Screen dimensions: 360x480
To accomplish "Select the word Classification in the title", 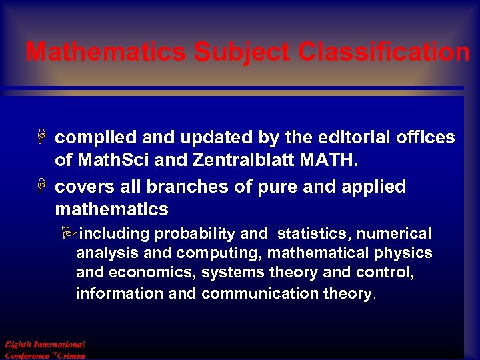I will coord(384,52).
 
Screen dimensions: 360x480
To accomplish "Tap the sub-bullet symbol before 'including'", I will coord(70,233).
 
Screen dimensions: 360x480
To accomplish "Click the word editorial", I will coord(350,138).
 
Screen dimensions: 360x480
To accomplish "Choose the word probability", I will coord(195,234).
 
